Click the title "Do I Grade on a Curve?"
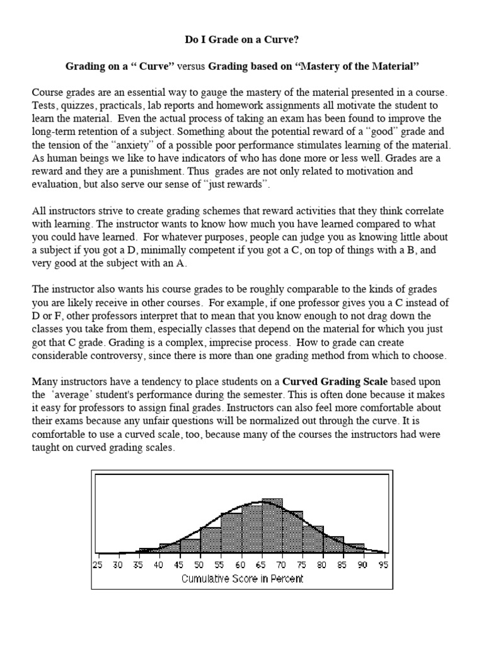point(242,40)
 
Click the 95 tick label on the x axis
point(383,564)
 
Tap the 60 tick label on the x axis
point(241,564)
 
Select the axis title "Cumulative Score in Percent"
point(242,578)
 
